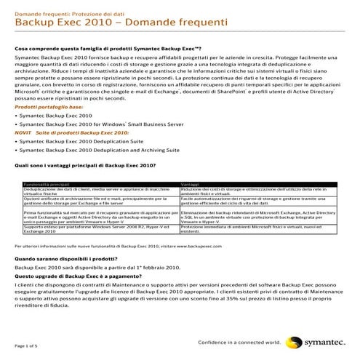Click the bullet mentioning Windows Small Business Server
(x=87, y=124)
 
